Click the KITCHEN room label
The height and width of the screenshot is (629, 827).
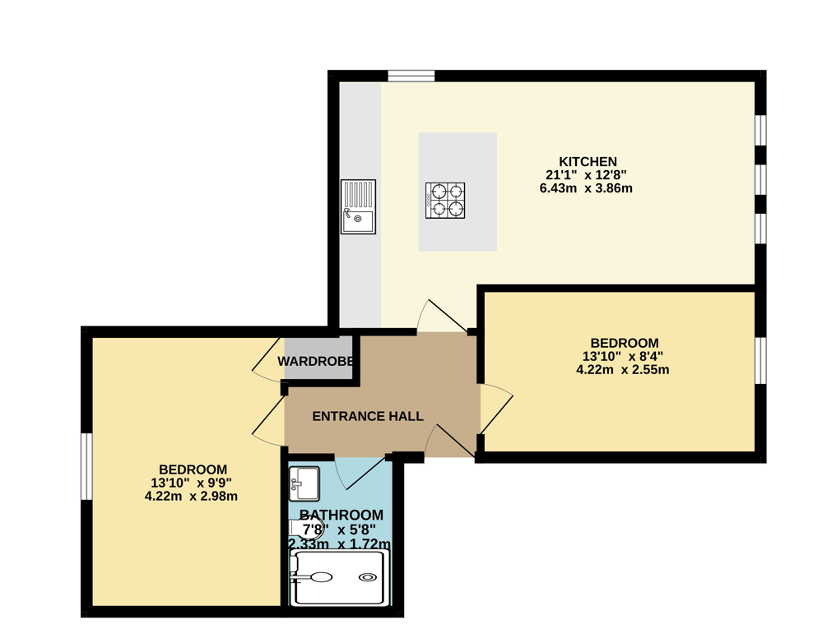click(588, 161)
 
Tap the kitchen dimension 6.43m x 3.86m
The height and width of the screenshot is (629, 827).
click(586, 188)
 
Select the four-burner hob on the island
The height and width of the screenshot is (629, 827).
click(444, 200)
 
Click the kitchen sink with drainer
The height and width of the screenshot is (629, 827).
click(358, 206)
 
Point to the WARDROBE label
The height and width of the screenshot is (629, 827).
click(317, 362)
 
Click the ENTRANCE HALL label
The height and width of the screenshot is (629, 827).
click(368, 417)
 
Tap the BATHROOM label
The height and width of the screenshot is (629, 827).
click(341, 516)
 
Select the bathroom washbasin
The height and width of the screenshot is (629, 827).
click(304, 483)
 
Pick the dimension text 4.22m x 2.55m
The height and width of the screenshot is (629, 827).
click(622, 370)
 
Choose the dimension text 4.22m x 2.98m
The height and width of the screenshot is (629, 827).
click(191, 496)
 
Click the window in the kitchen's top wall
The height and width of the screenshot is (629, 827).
click(411, 76)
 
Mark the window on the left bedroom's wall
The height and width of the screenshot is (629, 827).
click(86, 465)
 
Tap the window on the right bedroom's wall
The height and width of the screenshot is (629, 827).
click(760, 360)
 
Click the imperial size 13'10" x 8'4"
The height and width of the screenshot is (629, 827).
click(622, 357)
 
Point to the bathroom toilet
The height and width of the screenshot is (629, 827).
click(303, 530)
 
